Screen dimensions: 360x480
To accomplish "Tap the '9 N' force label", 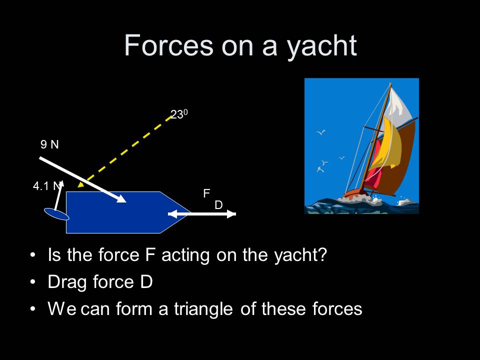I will tap(49, 145).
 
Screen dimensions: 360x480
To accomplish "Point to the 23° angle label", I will tap(178, 114).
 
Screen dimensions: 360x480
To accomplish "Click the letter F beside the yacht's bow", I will tap(205, 193).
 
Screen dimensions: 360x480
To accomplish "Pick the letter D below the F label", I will tap(218, 205).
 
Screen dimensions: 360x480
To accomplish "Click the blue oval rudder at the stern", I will tap(56, 214).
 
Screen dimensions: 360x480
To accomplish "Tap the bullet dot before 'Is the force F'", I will tap(33, 255).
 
